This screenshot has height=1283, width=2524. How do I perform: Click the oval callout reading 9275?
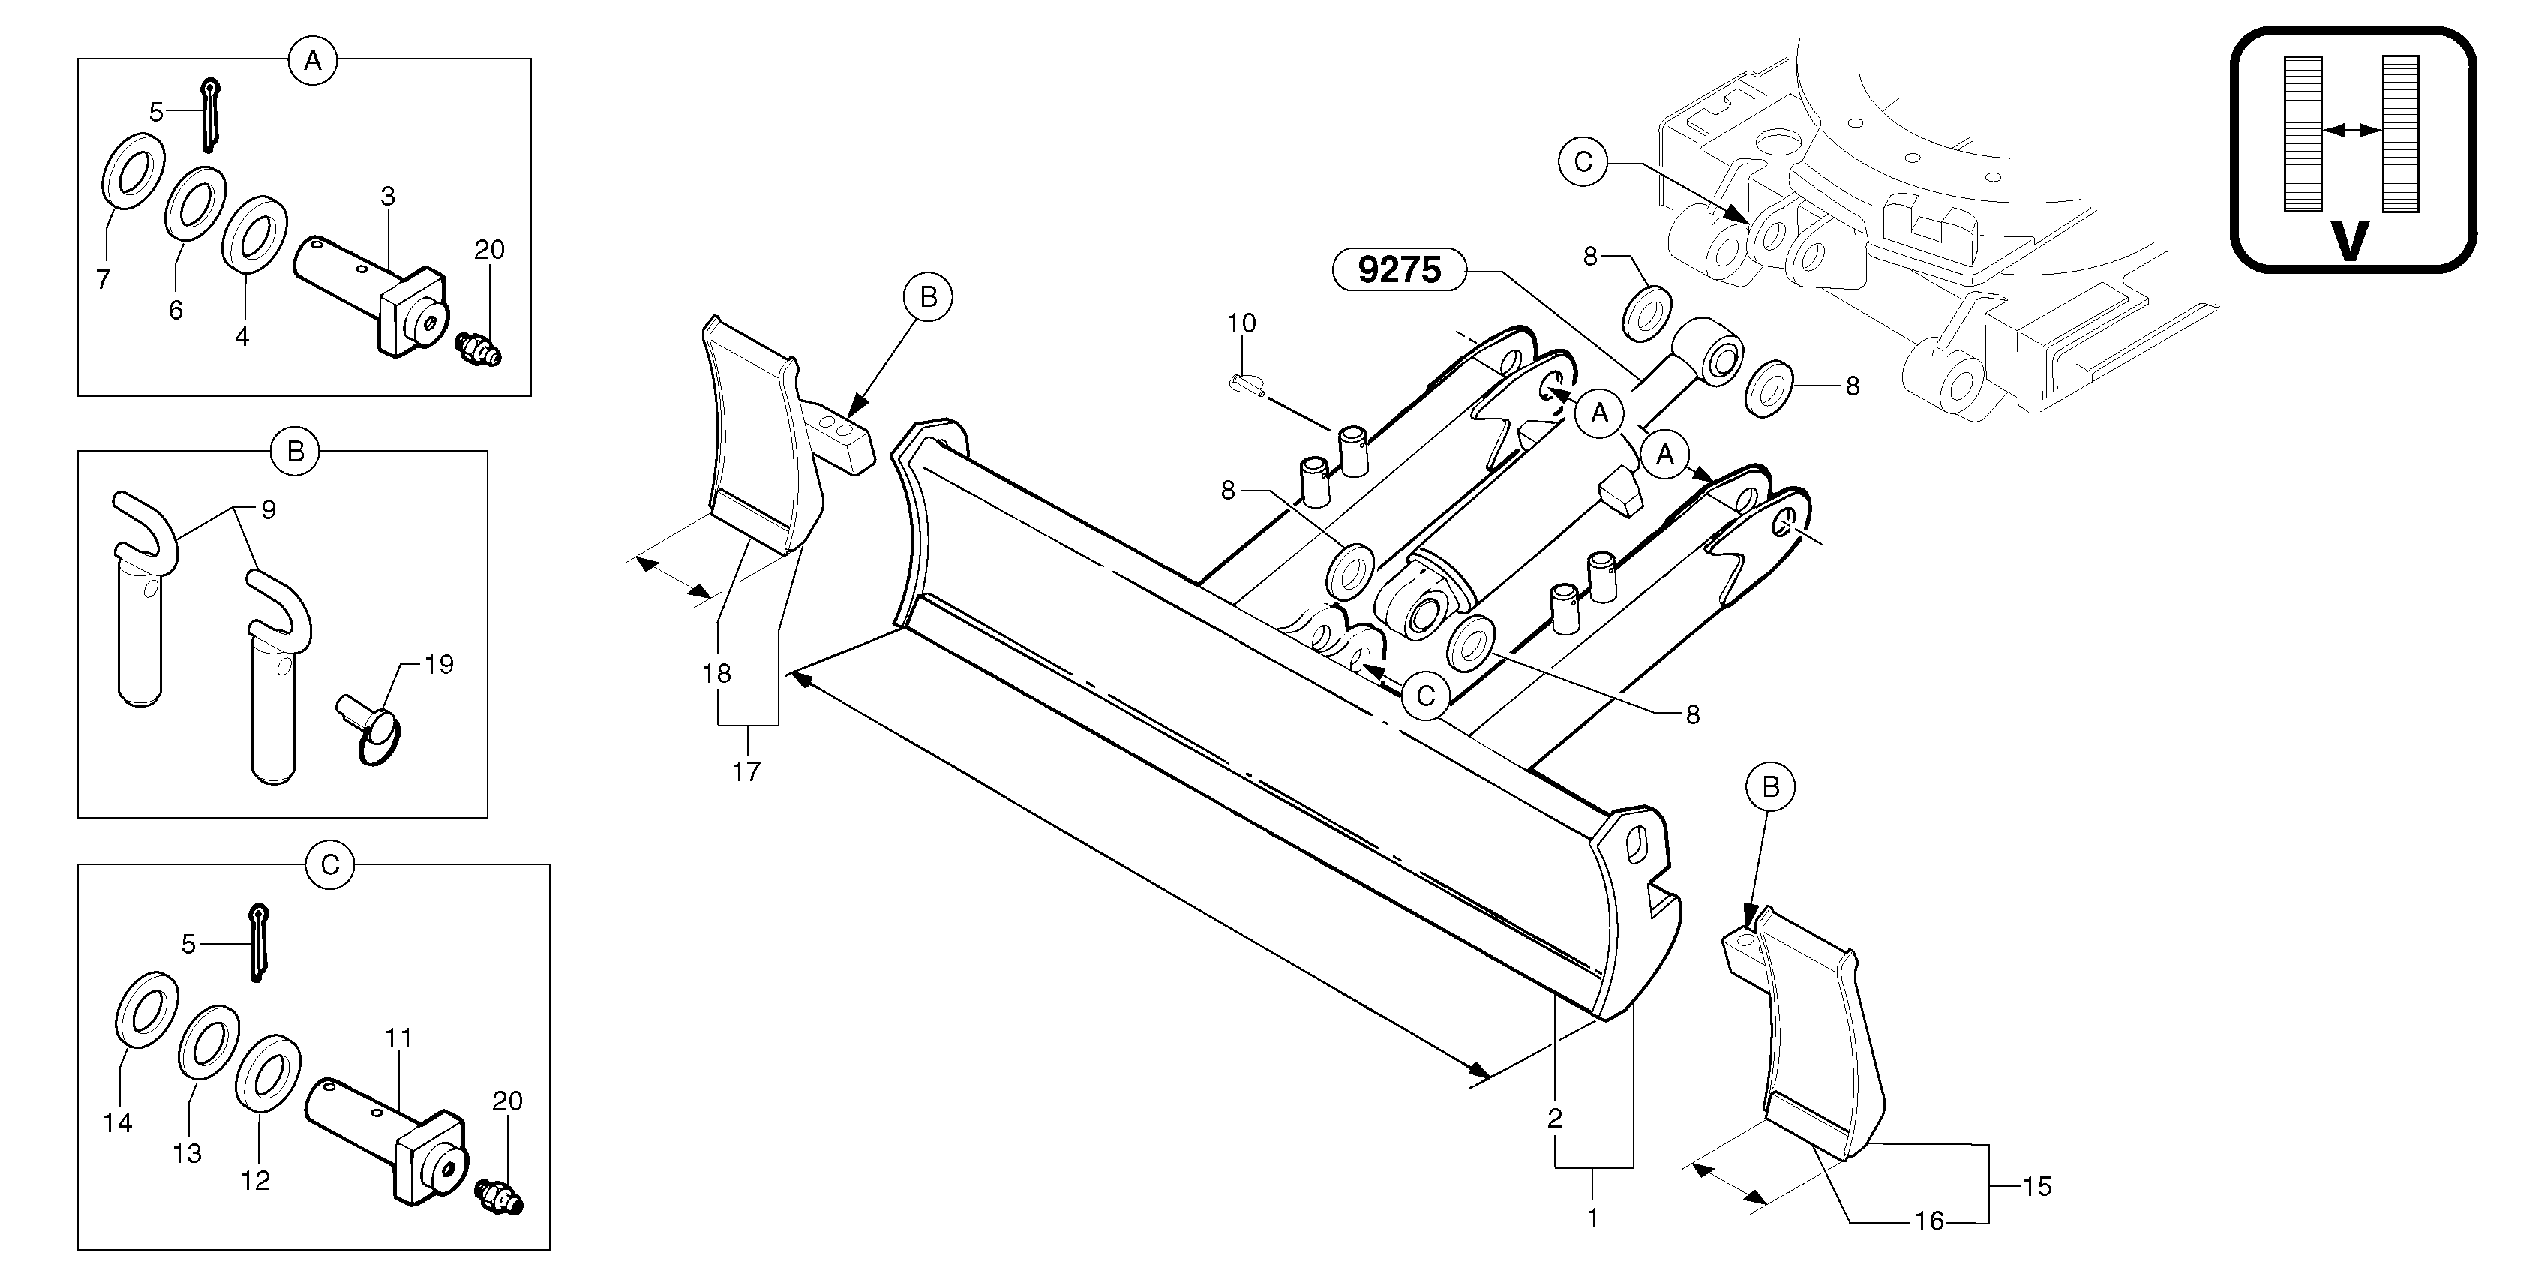coord(1399,269)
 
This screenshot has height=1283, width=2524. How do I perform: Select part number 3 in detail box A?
coord(388,196)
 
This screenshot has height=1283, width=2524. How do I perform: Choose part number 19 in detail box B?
coord(439,665)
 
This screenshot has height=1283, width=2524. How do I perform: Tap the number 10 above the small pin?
coord(1241,323)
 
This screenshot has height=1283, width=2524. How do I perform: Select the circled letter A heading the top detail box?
coord(313,61)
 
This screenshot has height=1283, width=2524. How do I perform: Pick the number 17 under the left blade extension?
coord(746,772)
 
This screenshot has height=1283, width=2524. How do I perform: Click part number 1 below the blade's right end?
coord(1593,1218)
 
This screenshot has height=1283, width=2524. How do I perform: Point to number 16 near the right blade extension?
coord(1929,1221)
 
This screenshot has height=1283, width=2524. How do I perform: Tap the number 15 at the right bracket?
coord(2037,1186)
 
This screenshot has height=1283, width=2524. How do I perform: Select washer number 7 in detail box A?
coord(103,279)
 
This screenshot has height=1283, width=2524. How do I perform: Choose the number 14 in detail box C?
coord(118,1123)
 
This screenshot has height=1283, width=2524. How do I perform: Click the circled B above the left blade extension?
coord(928,297)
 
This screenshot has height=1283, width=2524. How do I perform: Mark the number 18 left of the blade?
coord(717,673)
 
